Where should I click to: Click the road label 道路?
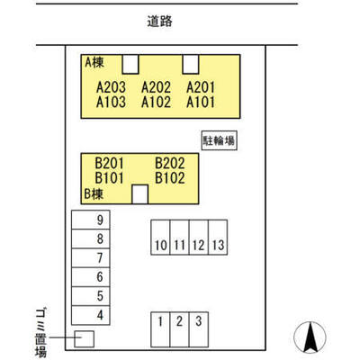(x=159, y=22)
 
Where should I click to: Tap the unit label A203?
(x=111, y=87)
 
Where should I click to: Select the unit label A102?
(x=156, y=102)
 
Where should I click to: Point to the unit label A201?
(x=201, y=87)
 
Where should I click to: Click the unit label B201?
(x=109, y=164)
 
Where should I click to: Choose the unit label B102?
(x=170, y=178)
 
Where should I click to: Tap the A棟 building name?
(x=94, y=62)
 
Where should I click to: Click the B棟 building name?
(x=94, y=194)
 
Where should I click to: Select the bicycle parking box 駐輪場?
(x=219, y=140)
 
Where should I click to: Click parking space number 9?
(x=100, y=220)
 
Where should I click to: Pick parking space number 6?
(x=100, y=276)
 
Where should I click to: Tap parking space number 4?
(x=100, y=315)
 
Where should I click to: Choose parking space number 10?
(x=161, y=245)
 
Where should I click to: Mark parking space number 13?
(x=218, y=245)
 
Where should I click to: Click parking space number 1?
(x=160, y=321)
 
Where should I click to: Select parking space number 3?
(x=198, y=321)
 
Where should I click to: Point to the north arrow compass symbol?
(x=310, y=337)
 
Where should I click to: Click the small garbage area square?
(x=84, y=339)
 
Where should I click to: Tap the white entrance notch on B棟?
(x=140, y=194)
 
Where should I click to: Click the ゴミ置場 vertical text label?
(x=40, y=333)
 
